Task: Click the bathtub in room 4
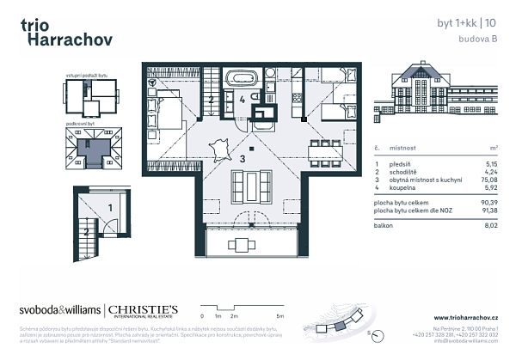pyautogui.click(x=242, y=78)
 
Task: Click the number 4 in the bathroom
pyautogui.click(x=243, y=100)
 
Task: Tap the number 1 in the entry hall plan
pyautogui.click(x=110, y=208)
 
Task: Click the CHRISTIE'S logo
pyautogui.click(x=141, y=309)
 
